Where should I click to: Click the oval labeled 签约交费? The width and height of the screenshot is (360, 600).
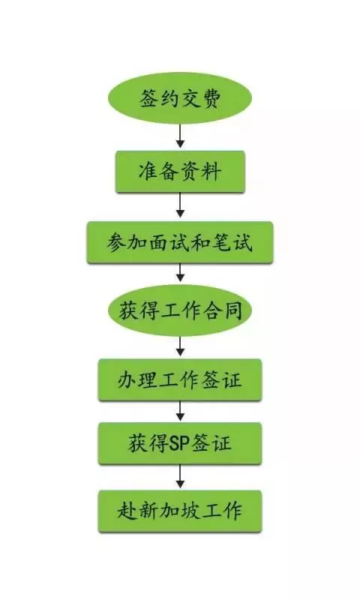(180, 98)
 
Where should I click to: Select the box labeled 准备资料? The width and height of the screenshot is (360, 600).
(180, 172)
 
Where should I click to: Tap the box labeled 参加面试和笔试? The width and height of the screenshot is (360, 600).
(180, 242)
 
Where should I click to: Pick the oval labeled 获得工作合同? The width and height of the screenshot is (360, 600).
(180, 310)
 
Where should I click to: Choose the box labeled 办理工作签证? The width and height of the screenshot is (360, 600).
(180, 380)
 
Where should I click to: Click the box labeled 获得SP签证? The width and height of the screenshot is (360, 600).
(180, 443)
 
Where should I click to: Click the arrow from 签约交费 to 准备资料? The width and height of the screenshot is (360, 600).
(180, 136)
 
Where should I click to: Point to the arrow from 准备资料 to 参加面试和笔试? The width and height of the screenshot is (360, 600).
(180, 205)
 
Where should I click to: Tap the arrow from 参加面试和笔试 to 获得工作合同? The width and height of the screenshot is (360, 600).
(180, 273)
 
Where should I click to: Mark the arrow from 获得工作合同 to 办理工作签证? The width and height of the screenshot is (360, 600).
(180, 346)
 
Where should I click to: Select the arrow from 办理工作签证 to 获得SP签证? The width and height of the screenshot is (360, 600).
(180, 411)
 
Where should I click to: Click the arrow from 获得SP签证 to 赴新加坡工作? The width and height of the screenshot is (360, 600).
(180, 477)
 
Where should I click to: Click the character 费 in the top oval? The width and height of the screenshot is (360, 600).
(211, 99)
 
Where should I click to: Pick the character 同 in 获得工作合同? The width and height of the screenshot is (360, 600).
(232, 310)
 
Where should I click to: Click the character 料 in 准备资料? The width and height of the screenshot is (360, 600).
(211, 172)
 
